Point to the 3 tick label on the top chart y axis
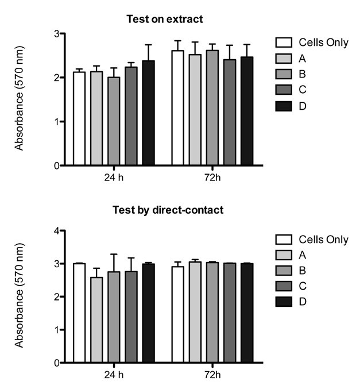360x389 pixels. point(57,34)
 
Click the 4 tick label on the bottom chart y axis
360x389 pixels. point(57,231)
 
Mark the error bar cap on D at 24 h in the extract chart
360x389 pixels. point(149,45)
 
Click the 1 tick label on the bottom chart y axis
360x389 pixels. point(57,330)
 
